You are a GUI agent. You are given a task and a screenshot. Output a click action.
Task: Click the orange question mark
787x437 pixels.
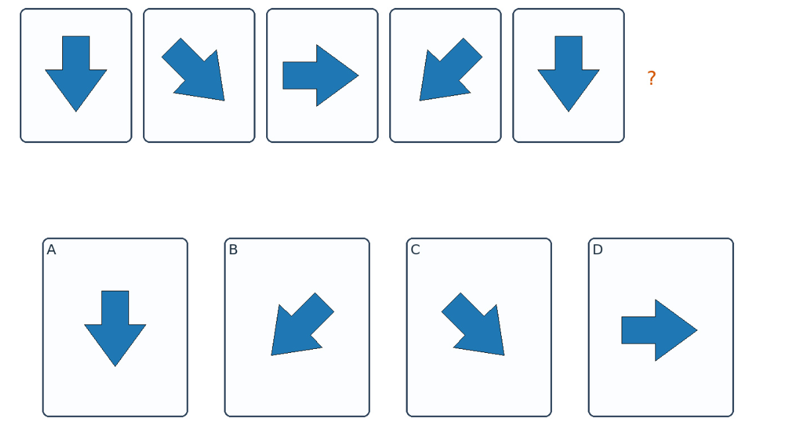click(651, 78)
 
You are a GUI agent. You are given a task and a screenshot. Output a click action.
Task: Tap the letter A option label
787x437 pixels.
click(51, 250)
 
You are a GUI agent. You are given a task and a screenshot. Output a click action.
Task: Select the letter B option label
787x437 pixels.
click(233, 250)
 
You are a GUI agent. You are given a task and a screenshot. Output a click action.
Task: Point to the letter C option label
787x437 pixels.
click(415, 250)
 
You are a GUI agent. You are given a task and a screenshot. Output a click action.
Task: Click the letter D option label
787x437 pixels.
click(597, 250)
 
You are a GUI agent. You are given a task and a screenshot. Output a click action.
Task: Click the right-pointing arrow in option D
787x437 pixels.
click(659, 330)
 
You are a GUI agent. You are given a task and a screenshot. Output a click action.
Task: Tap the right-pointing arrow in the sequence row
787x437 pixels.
click(320, 75)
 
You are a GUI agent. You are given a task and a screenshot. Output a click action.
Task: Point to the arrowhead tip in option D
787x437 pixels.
click(697, 330)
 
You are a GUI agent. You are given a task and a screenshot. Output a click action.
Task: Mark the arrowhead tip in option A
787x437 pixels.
click(115, 365)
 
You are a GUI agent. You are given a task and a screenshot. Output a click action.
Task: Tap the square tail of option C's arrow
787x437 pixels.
click(451, 303)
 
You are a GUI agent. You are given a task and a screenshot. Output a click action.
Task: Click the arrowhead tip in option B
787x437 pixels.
click(271, 355)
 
